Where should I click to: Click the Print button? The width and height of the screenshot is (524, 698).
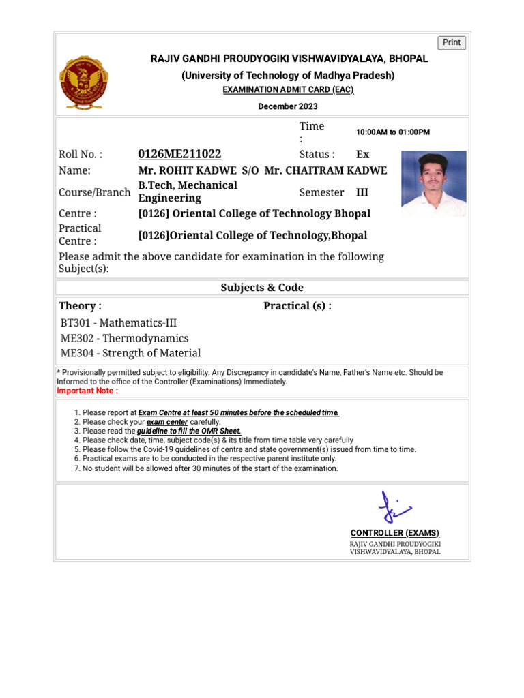452,42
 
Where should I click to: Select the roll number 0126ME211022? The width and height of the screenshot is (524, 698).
179,154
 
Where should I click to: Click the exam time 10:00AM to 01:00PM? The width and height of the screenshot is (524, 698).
393,132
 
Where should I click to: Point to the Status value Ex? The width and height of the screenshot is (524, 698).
363,154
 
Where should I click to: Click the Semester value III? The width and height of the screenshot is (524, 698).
362,192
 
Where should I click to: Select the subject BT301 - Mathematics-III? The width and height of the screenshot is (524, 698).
118,322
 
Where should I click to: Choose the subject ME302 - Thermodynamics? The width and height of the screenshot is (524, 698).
124,338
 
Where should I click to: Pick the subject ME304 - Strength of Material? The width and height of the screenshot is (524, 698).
130,353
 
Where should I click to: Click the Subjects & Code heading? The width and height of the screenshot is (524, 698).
262,288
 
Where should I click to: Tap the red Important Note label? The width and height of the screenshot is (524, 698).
87,391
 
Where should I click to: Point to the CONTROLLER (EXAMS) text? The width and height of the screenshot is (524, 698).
395,532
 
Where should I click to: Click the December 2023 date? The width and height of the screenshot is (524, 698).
287,106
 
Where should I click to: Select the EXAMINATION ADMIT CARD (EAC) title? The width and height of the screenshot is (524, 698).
288,90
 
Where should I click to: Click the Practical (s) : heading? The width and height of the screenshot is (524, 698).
297,306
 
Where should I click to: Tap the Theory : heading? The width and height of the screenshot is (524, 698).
80,306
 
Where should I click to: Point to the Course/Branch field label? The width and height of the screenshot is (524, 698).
94,192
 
